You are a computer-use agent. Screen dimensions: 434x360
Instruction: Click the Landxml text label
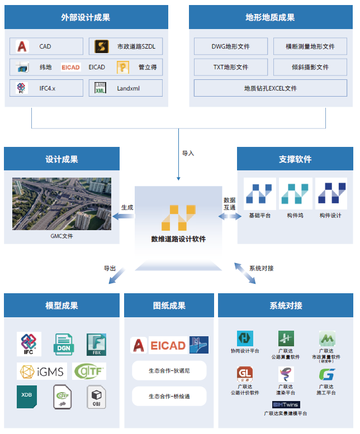point(128,88)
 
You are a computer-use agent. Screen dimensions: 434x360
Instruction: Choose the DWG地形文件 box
point(230,46)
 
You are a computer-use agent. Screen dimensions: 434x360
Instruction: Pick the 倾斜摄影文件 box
point(310,67)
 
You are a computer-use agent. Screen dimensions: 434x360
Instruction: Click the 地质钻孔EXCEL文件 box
point(270,88)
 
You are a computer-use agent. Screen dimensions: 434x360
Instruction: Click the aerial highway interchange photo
point(61,204)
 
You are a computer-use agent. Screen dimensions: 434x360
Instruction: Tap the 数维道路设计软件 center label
point(178,239)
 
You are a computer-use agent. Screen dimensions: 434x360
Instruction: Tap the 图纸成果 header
point(169,306)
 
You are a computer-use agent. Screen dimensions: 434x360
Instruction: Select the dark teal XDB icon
point(27,397)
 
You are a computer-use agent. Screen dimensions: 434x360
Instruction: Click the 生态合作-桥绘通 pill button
point(169,397)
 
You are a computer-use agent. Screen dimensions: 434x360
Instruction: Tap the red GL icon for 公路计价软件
point(244,374)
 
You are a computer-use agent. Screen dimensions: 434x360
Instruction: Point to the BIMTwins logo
point(285,404)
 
